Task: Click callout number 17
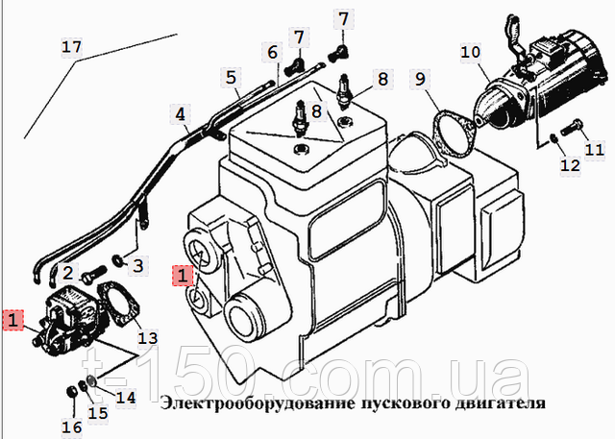click(x=72, y=47)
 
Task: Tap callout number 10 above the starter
click(x=470, y=52)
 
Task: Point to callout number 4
click(x=181, y=115)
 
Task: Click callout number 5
click(x=232, y=76)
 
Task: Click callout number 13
click(x=147, y=337)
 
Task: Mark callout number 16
click(x=71, y=427)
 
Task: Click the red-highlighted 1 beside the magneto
click(x=12, y=320)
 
